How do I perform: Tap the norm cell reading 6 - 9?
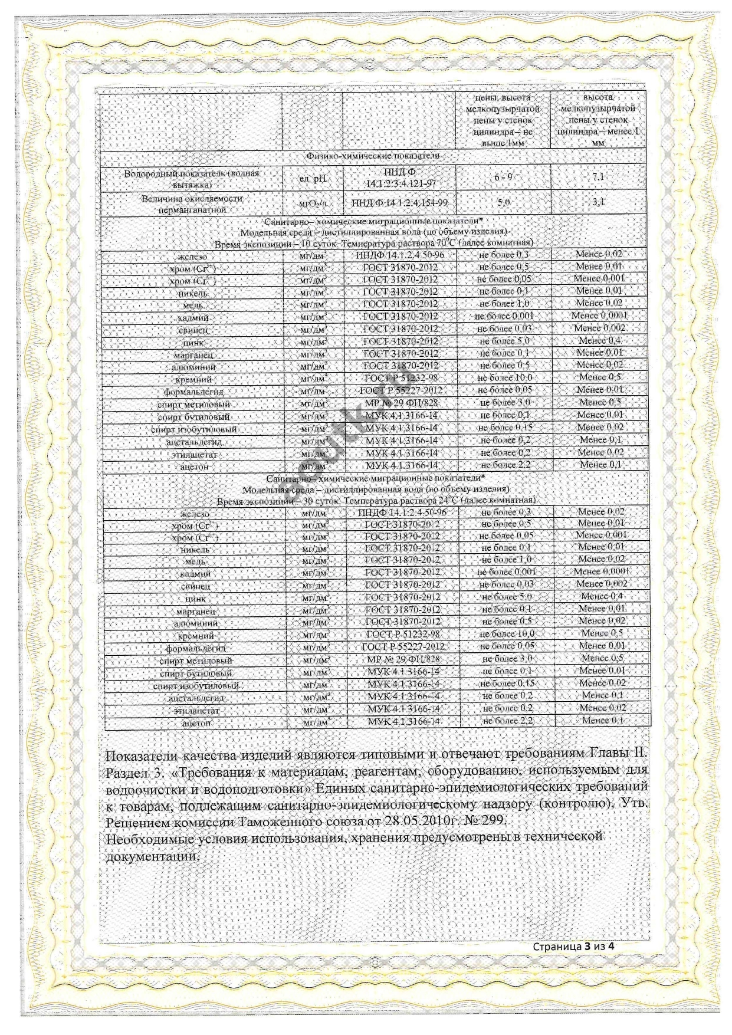(x=503, y=178)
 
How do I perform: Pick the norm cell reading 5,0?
(x=504, y=202)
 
